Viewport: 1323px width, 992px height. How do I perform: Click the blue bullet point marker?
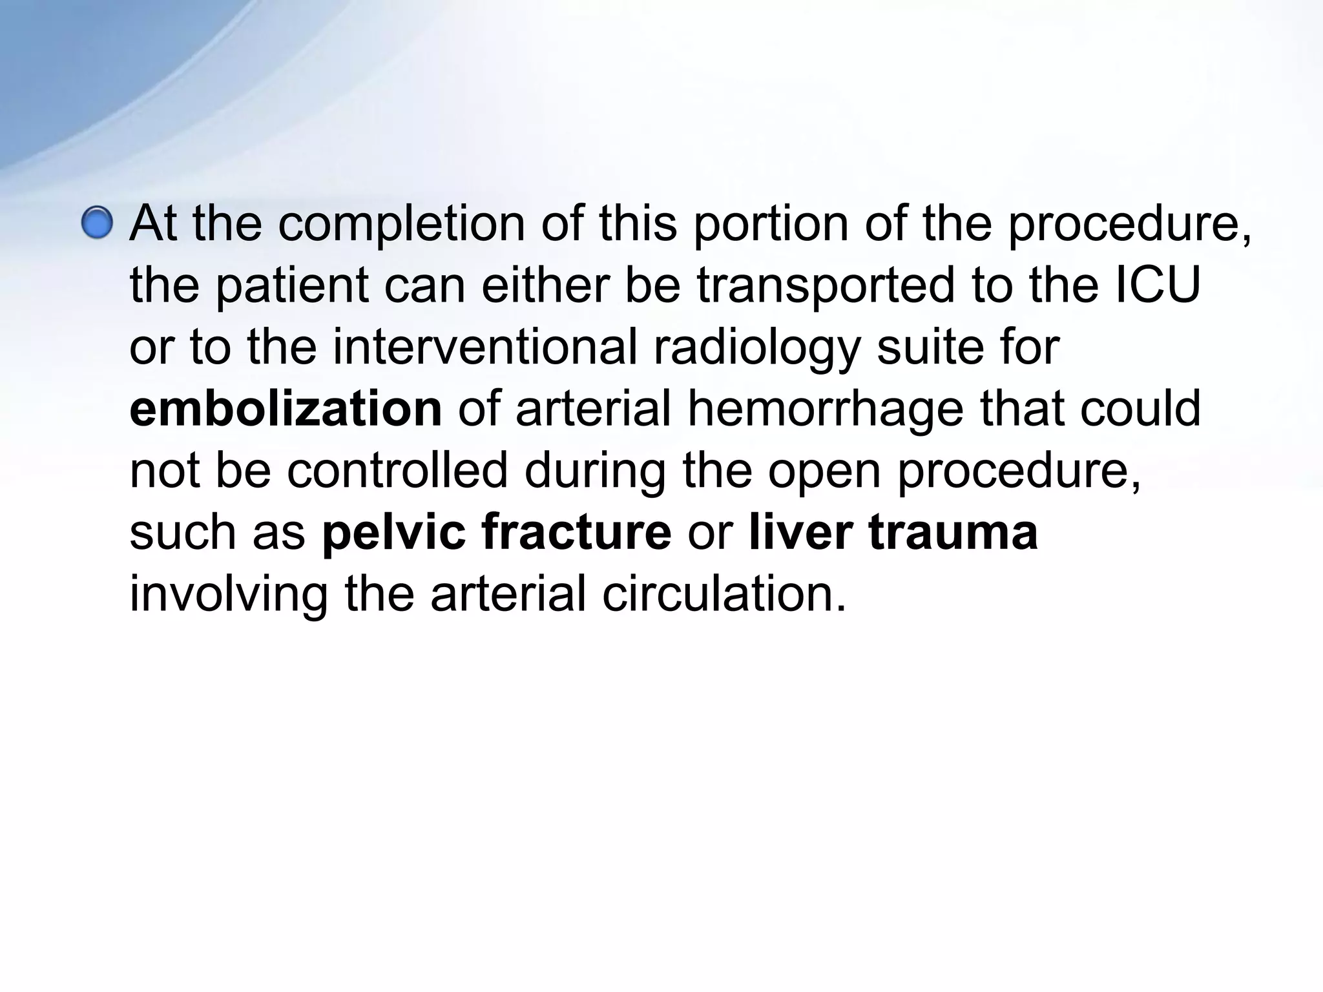pyautogui.click(x=98, y=223)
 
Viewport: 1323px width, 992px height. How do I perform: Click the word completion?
pyautogui.click(x=401, y=223)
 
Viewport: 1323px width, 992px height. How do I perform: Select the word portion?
pyautogui.click(x=771, y=223)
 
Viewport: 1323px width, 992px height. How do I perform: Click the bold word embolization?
pyautogui.click(x=286, y=409)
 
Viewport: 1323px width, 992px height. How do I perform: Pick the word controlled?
pyautogui.click(x=397, y=471)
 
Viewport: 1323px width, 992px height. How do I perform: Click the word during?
pyautogui.click(x=594, y=471)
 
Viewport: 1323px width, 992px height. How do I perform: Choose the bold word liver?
pyautogui.click(x=800, y=533)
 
